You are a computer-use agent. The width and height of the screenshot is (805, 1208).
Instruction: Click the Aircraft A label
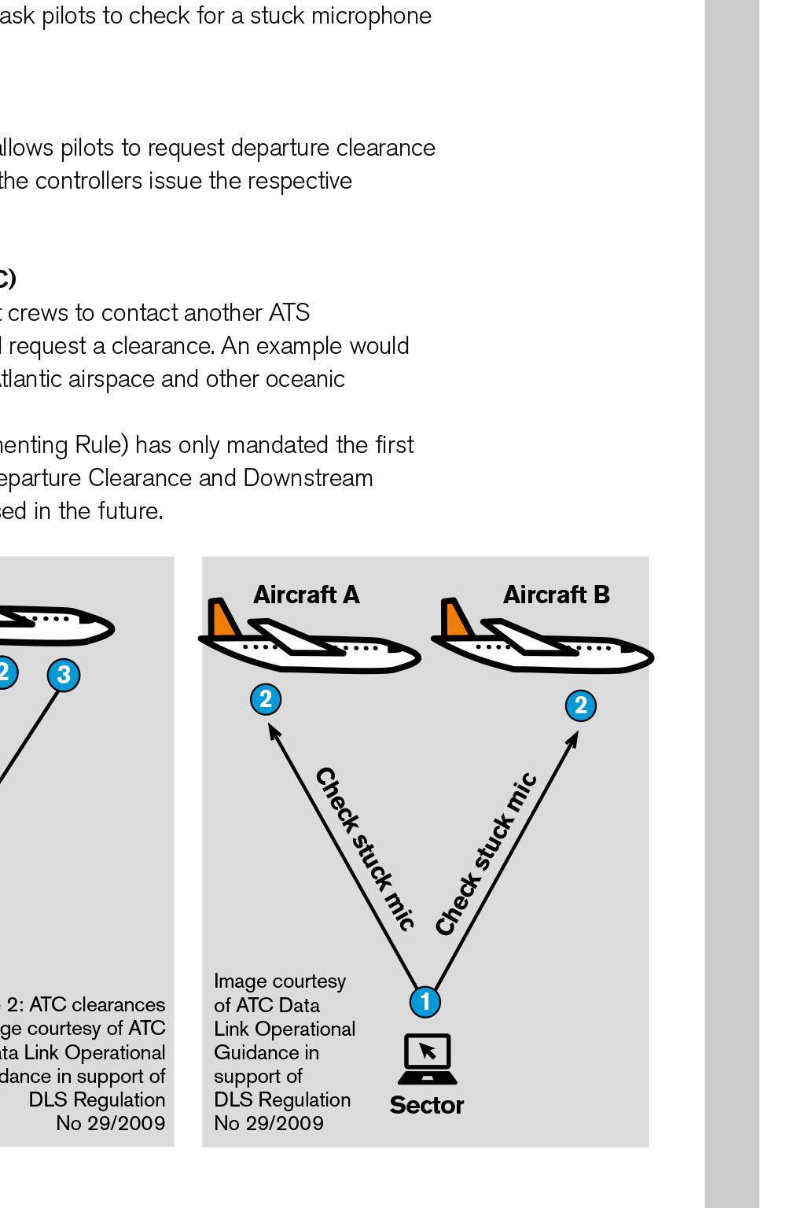click(306, 595)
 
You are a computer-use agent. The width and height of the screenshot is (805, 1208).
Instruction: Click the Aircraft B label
click(557, 595)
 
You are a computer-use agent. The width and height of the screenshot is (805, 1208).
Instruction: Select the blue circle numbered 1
click(425, 1001)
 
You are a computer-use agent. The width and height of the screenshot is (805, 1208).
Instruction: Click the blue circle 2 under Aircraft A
click(266, 699)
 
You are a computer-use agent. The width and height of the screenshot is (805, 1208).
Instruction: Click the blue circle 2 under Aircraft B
click(581, 705)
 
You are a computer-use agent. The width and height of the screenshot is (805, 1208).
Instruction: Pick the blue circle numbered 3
click(64, 675)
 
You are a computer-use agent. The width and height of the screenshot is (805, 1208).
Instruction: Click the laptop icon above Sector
click(428, 1059)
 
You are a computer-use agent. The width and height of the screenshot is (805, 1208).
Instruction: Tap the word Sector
click(427, 1105)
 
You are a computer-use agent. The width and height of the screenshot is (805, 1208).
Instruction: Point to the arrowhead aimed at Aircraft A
click(274, 731)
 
